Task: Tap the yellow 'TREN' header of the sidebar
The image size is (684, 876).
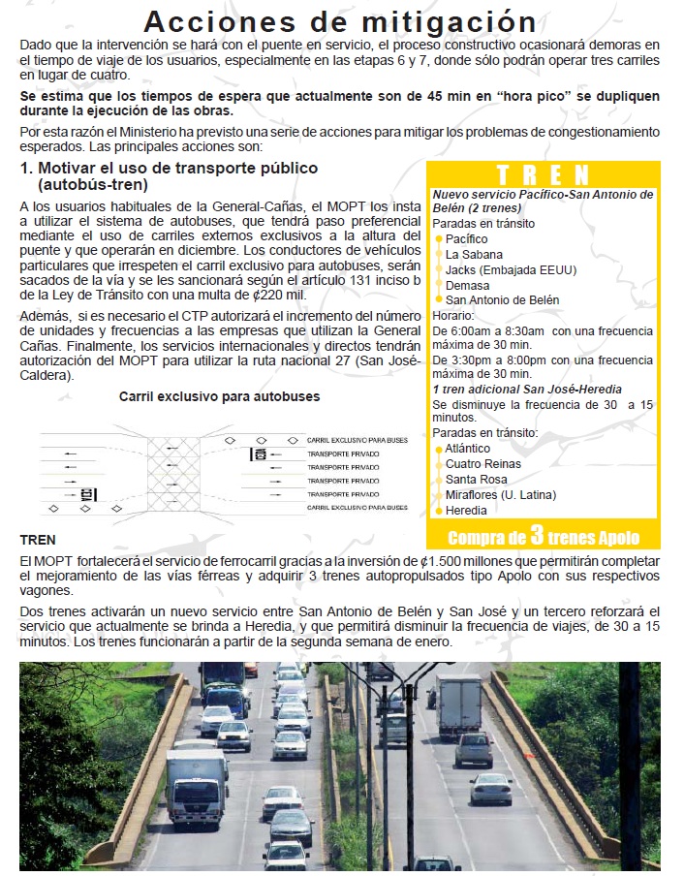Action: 543,174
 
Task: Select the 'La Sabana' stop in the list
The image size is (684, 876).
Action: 473,255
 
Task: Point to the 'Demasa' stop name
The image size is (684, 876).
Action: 467,285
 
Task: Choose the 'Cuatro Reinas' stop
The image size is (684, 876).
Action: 482,464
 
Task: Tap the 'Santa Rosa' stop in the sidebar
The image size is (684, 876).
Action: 476,480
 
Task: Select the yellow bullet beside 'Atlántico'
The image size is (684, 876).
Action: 439,449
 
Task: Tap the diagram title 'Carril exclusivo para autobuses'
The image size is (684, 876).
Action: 219,396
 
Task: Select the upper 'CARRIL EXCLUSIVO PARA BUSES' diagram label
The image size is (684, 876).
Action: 357,440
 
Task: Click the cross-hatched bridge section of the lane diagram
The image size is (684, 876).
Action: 173,473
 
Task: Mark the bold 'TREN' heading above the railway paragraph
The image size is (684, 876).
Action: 37,540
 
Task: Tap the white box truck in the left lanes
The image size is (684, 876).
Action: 196,785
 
